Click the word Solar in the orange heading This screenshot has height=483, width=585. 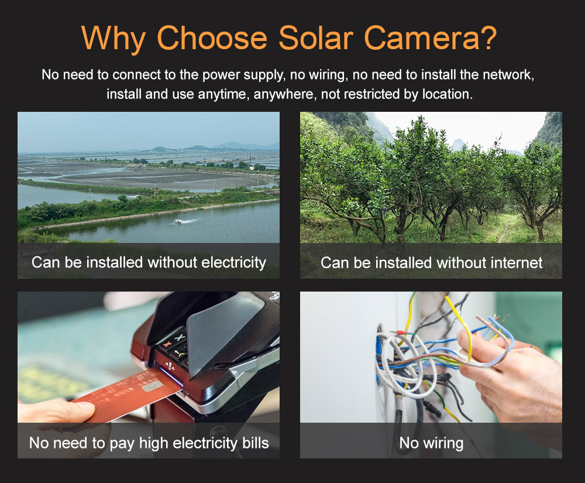click(x=316, y=37)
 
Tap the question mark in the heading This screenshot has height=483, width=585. click(x=487, y=37)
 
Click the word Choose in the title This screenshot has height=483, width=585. click(x=212, y=37)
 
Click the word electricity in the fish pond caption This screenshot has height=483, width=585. click(x=233, y=262)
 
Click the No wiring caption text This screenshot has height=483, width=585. click(x=431, y=443)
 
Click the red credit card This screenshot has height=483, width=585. click(x=127, y=396)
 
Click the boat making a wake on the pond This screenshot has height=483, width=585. click(x=178, y=222)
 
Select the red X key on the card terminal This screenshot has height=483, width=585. click(x=167, y=344)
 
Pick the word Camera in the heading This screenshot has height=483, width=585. click(x=419, y=37)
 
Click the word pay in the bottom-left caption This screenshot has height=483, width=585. click(x=122, y=444)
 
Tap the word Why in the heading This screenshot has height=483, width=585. click(x=113, y=39)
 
